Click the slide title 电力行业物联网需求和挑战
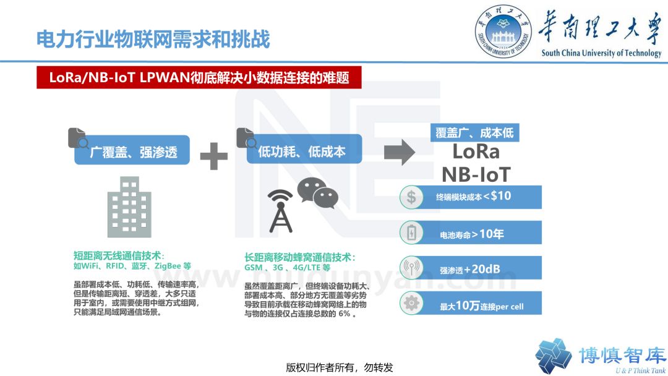click(x=153, y=40)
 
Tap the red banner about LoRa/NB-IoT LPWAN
click(x=199, y=78)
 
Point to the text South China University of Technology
click(x=601, y=53)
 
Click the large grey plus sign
click(x=214, y=155)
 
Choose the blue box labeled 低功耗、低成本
click(x=301, y=152)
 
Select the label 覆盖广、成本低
click(x=474, y=132)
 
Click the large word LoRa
click(x=476, y=151)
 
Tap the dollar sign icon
click(x=411, y=197)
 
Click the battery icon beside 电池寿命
click(x=411, y=233)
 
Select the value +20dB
click(x=486, y=269)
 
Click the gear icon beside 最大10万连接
click(x=411, y=304)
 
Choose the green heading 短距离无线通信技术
click(x=119, y=255)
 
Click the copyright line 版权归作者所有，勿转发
click(x=340, y=367)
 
